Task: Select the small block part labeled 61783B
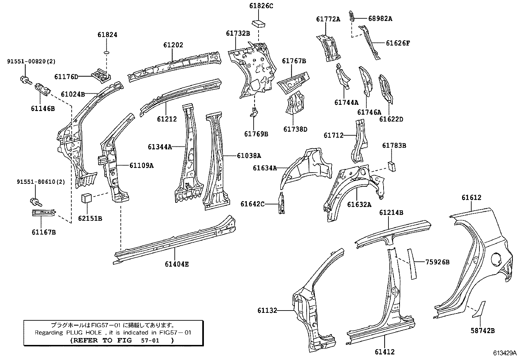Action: (x=392, y=166)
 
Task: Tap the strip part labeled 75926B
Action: (x=411, y=264)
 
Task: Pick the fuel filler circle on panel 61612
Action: (x=496, y=258)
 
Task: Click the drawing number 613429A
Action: (x=504, y=354)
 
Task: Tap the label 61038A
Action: (x=249, y=156)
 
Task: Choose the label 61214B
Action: (x=391, y=213)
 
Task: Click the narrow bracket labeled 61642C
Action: (x=281, y=203)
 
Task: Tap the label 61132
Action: (x=267, y=310)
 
